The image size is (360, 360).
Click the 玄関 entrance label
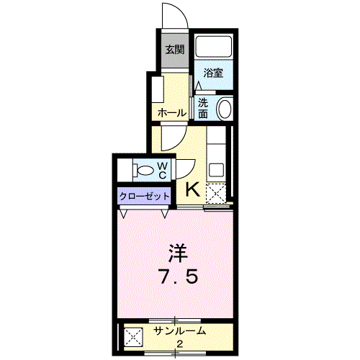(x=175, y=50)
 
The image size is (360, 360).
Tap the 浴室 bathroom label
(x=213, y=73)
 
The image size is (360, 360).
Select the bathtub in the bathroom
(x=214, y=47)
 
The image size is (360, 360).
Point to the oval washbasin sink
(x=225, y=108)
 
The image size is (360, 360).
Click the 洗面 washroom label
(x=203, y=109)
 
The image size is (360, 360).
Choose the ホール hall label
(x=172, y=113)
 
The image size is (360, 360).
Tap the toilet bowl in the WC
(x=143, y=171)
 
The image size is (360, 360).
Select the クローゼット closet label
(x=144, y=197)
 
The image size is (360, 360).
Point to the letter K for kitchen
(x=193, y=189)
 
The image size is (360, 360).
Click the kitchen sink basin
(x=217, y=170)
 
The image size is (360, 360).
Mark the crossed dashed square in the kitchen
(x=216, y=194)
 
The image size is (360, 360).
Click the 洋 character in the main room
(x=178, y=253)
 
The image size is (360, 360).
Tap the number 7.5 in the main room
(x=179, y=276)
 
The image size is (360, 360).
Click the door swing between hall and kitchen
(x=179, y=143)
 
